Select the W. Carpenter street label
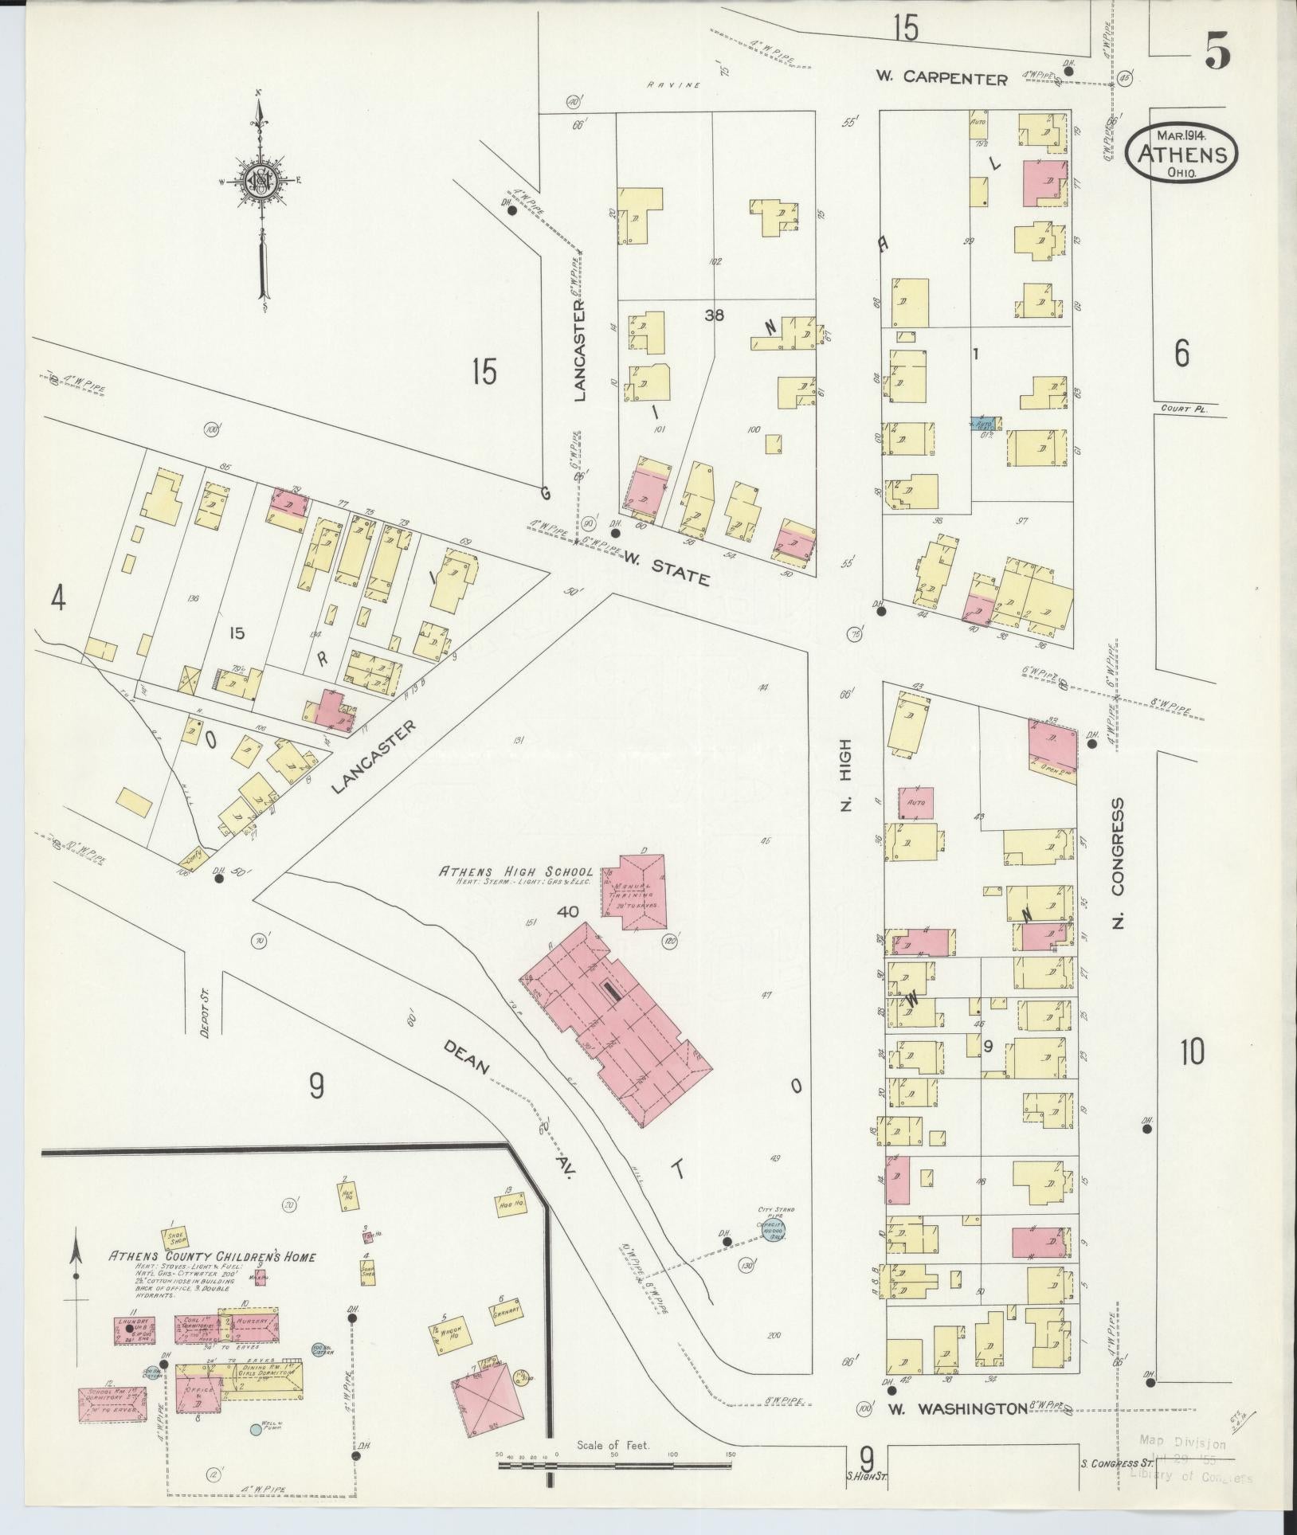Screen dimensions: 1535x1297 (x=941, y=78)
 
